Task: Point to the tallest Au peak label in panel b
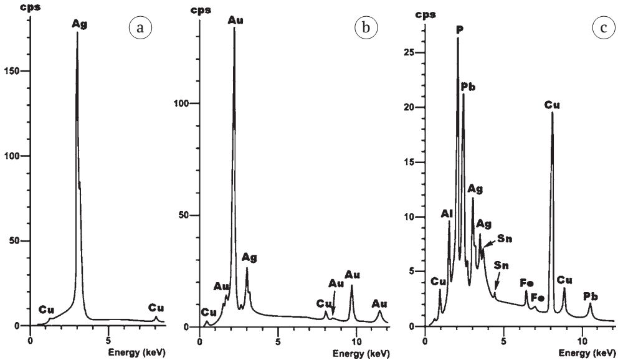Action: [235, 20]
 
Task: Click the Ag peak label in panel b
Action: [250, 258]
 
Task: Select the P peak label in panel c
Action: [459, 29]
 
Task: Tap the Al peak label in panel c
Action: [447, 214]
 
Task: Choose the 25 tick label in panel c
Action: [408, 53]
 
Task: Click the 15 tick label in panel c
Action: [408, 163]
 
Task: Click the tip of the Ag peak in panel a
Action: [77, 32]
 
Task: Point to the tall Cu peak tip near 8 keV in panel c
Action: [552, 113]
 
